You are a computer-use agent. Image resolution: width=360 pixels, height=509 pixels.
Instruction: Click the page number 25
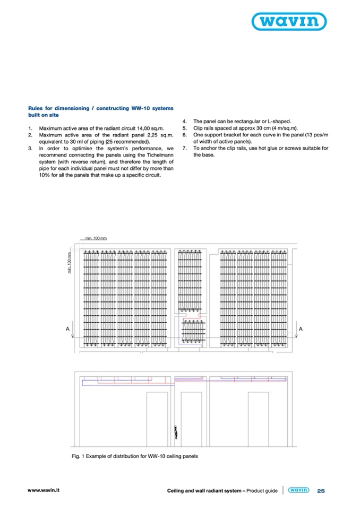321,491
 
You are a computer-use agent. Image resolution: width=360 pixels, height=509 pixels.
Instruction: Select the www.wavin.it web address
43,490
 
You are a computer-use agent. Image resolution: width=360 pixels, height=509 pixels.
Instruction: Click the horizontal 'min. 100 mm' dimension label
96,239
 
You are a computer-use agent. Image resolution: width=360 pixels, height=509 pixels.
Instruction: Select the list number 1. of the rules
30,128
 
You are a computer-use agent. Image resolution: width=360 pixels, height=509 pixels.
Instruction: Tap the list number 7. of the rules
184,149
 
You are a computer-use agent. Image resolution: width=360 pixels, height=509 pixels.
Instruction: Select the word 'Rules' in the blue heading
36,108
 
